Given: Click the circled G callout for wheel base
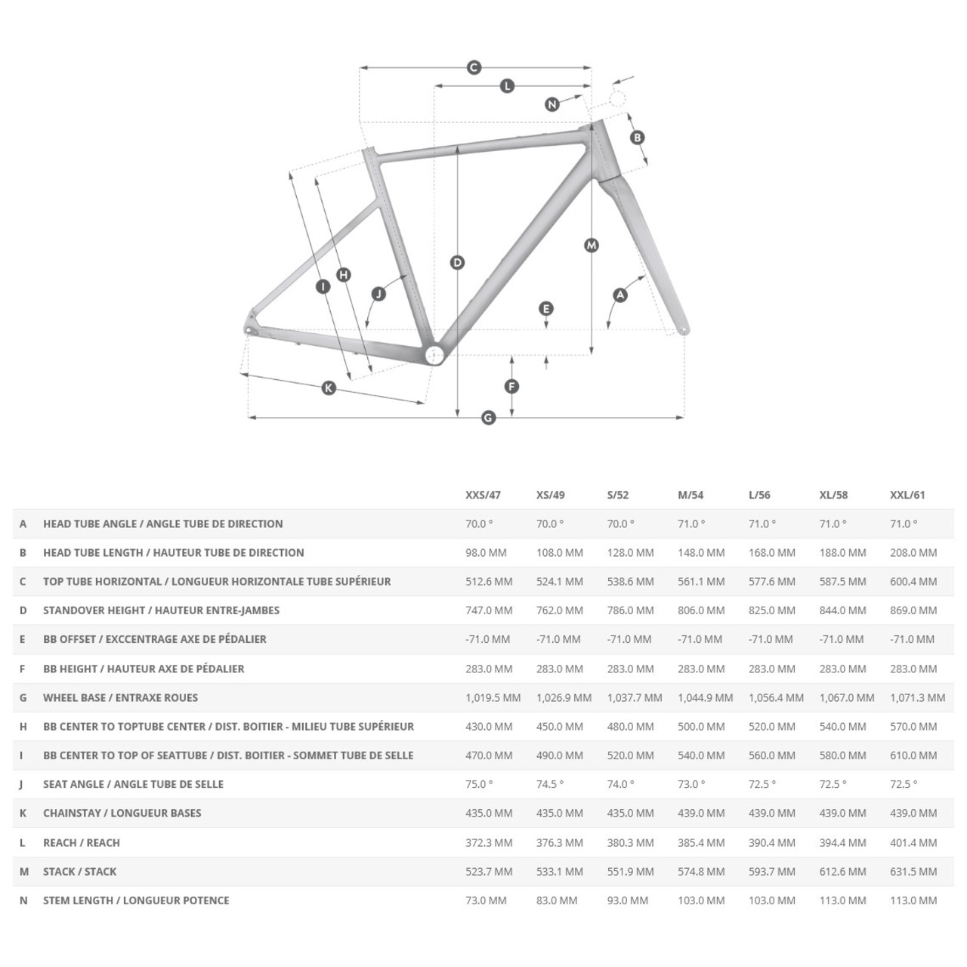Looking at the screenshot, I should pyautogui.click(x=488, y=417).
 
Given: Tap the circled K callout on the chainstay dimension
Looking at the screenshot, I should pyautogui.click(x=329, y=388).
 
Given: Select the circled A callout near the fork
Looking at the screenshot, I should pyautogui.click(x=620, y=295).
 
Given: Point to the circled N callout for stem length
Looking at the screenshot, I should pyautogui.click(x=552, y=104).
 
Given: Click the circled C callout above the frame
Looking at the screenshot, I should pyautogui.click(x=474, y=68).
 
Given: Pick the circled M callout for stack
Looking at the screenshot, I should pyautogui.click(x=592, y=245).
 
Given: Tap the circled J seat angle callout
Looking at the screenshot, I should pyautogui.click(x=379, y=293).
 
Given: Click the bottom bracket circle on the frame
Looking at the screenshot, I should pyautogui.click(x=434, y=356).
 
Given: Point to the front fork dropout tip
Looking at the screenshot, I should pyautogui.click(x=684, y=329).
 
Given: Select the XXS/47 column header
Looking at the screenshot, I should pyautogui.click(x=483, y=495).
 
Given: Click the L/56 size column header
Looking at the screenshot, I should pyautogui.click(x=759, y=495).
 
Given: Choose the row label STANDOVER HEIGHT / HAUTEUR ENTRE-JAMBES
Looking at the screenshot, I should pyautogui.click(x=161, y=610).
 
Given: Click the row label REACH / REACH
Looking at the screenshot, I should pyautogui.click(x=82, y=842).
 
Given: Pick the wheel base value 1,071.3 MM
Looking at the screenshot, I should pyautogui.click(x=917, y=697).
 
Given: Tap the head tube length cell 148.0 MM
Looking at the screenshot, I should pyautogui.click(x=701, y=552).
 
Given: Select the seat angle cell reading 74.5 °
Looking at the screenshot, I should pyautogui.click(x=550, y=784).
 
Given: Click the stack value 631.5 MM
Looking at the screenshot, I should pyautogui.click(x=913, y=871).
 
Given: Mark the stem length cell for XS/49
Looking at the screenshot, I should pyautogui.click(x=557, y=901).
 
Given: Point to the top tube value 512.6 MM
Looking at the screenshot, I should pyautogui.click(x=489, y=582).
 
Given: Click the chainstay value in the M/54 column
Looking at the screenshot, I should pyautogui.click(x=701, y=813).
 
